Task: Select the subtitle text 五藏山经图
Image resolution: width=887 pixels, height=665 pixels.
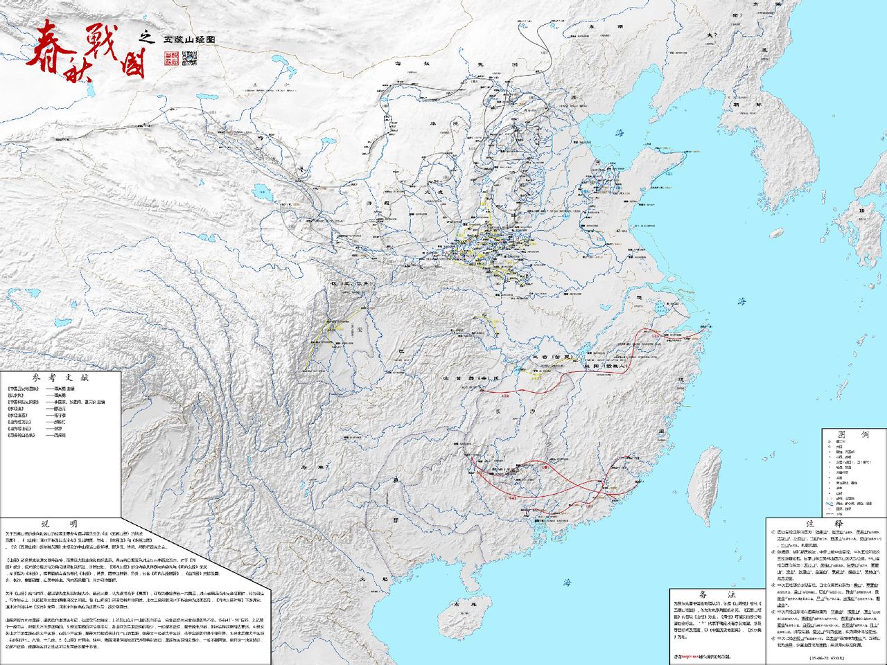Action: [x=188, y=39]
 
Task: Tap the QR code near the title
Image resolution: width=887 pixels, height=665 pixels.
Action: [x=188, y=58]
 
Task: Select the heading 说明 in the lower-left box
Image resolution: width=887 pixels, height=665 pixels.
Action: [x=60, y=524]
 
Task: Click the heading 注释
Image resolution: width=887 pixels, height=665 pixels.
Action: [x=825, y=523]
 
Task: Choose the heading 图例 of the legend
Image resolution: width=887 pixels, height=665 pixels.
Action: [x=854, y=434]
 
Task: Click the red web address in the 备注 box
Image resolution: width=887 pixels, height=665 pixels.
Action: [x=693, y=655]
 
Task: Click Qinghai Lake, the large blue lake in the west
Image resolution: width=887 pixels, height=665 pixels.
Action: [x=263, y=189]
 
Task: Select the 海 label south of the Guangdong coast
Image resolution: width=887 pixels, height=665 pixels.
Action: [x=566, y=582]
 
